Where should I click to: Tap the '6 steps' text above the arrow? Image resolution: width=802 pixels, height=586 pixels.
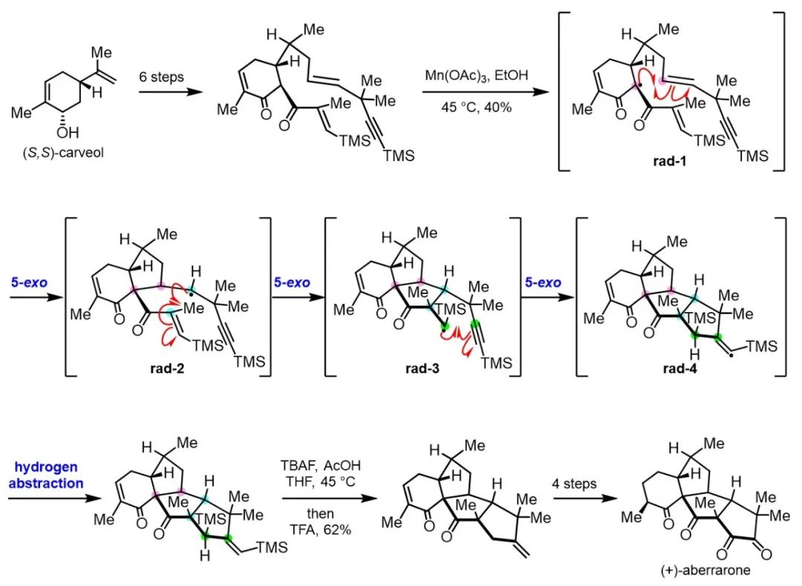click(163, 76)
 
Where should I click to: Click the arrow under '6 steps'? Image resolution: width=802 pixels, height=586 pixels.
click(163, 93)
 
